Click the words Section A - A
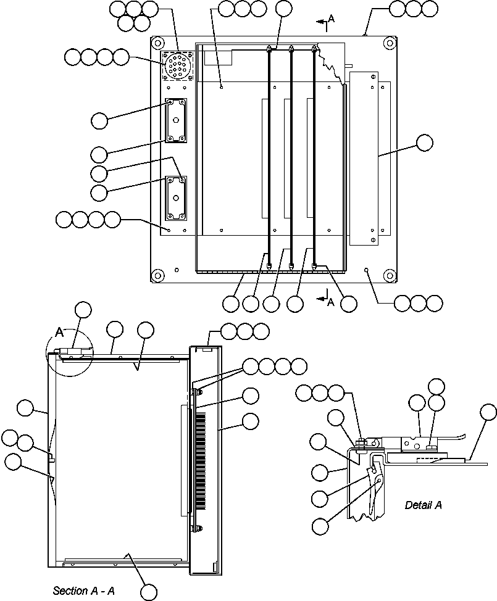(83, 591)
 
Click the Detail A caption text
(423, 505)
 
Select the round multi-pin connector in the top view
(177, 65)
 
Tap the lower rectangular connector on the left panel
(175, 197)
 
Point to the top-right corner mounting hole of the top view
(388, 43)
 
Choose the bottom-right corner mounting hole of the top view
(388, 275)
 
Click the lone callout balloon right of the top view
(424, 143)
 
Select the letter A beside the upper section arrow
(331, 19)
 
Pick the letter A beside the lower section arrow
(331, 302)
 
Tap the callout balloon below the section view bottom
(149, 592)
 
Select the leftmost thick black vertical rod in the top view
(270, 154)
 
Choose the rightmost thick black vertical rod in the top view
(314, 154)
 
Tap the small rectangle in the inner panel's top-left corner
(217, 57)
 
